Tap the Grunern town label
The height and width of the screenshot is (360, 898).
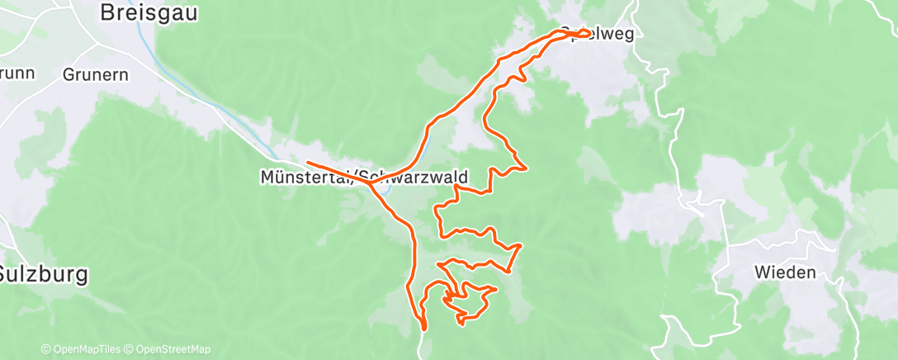(x=95, y=73)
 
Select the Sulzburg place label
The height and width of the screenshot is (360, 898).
(x=43, y=275)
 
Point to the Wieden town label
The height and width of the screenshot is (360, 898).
(x=784, y=272)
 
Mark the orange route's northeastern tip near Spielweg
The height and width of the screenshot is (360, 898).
(x=591, y=33)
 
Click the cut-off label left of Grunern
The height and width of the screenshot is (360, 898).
(x=17, y=73)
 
